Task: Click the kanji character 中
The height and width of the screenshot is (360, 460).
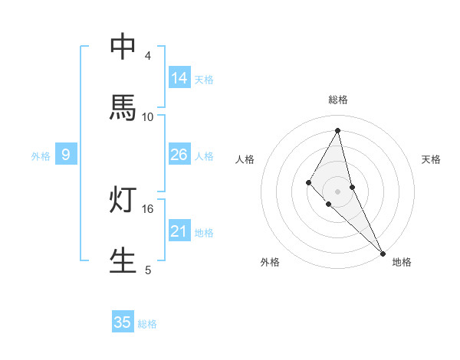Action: pos(123,47)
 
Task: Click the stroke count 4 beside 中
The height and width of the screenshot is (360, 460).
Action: pos(148,56)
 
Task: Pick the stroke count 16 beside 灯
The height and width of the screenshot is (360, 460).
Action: pos(148,208)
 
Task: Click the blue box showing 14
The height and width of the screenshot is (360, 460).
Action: pos(179,78)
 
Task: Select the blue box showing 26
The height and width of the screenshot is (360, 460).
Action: pos(179,155)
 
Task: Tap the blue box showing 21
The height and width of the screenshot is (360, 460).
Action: pos(179,231)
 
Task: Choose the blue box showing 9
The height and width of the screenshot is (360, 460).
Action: pos(66,155)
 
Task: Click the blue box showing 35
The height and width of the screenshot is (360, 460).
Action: pos(123,322)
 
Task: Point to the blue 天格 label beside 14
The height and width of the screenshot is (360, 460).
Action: pos(204,80)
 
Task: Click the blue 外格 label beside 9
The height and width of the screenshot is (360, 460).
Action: pos(41,156)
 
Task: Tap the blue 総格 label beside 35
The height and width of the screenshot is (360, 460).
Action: pos(147,324)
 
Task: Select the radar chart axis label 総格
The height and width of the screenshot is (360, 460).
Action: pos(338,100)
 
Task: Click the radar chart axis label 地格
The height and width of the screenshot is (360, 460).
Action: pos(402,262)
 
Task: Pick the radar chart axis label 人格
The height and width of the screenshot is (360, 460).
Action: pos(245,159)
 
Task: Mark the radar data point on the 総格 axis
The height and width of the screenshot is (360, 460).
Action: pos(338,129)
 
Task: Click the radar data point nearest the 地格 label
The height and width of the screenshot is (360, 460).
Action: pos(383,252)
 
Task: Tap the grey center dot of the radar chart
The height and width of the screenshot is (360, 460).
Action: pos(338,191)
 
